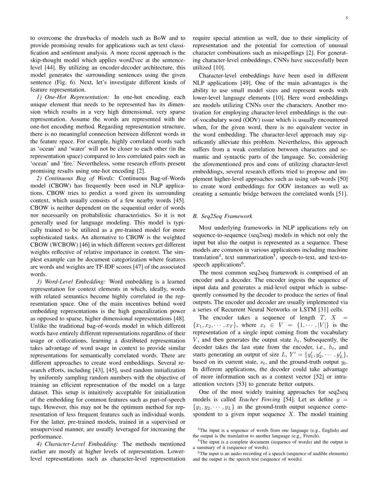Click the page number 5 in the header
pos(346,18)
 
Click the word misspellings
pos(319,53)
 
